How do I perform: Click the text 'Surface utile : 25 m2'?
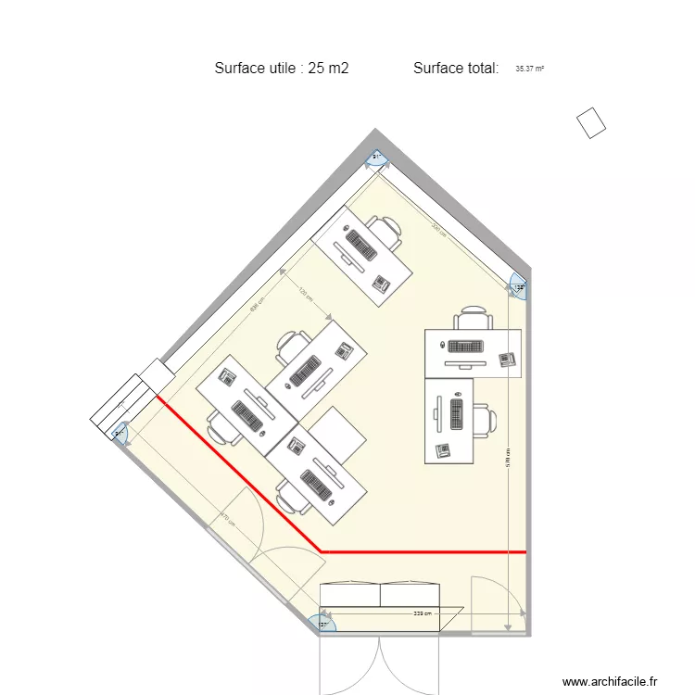coord(281,68)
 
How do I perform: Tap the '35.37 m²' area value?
coord(529,69)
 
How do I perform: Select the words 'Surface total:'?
coord(456,68)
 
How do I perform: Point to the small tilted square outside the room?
coord(590,123)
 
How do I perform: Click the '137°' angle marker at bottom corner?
coord(325,624)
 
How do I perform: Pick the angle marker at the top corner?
coord(377,159)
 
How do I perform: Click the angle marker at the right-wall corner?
coord(519,287)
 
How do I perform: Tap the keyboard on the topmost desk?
coord(360,246)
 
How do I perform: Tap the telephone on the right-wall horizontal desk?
coord(506,358)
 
